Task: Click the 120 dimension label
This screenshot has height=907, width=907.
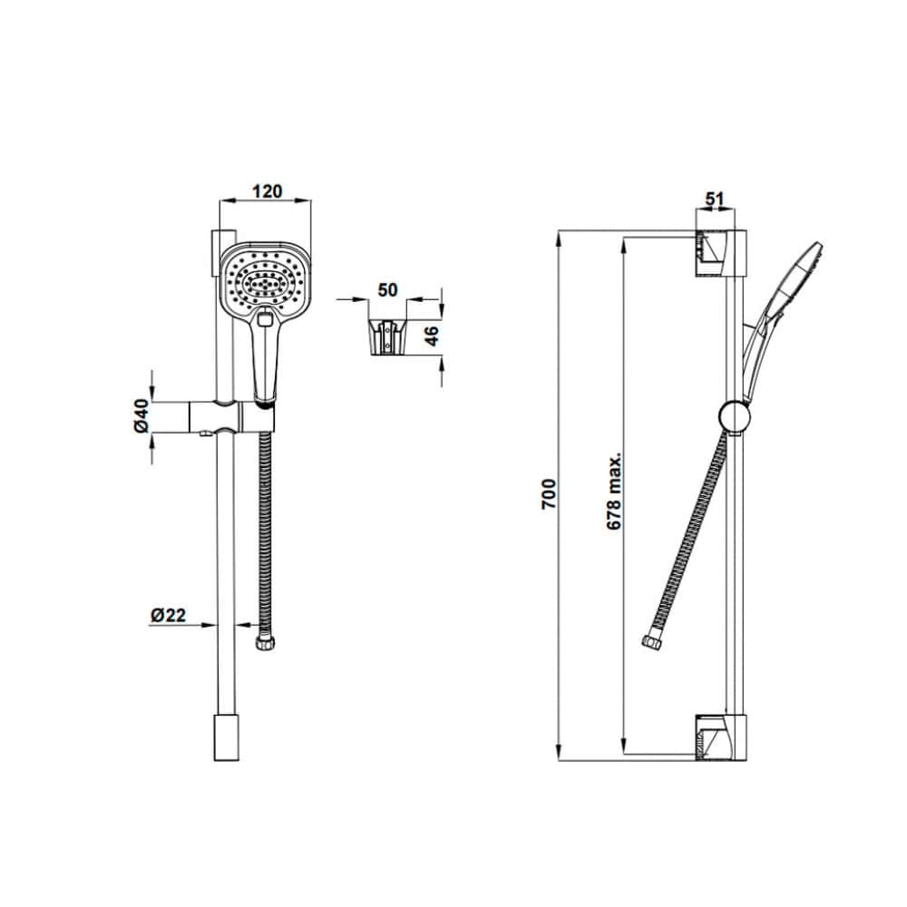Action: pos(268,190)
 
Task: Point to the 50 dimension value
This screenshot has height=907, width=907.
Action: pos(387,289)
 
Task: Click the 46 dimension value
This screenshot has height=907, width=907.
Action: pos(432,336)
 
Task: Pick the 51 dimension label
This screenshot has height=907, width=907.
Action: pos(715,199)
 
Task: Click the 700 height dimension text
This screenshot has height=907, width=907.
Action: pos(548,493)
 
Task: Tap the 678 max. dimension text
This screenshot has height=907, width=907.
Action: pos(614,491)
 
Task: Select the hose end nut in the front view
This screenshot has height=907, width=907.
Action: pos(266,643)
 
